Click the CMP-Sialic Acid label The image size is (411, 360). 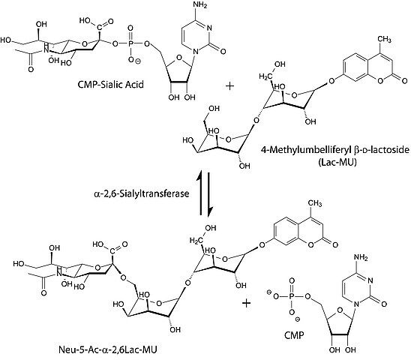[110, 85]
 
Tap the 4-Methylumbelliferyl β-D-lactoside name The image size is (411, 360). [334, 150]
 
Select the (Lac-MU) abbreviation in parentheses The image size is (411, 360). [337, 162]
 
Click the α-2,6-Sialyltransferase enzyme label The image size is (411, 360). [141, 193]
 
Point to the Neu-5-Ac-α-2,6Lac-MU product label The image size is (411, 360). [108, 349]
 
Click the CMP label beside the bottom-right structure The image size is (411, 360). [294, 334]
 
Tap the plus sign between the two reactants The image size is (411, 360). [229, 86]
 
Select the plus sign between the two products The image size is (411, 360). [246, 303]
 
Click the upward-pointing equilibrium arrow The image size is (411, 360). [200, 193]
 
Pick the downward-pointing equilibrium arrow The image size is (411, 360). [209, 194]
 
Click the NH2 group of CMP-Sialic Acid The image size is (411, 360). [199, 5]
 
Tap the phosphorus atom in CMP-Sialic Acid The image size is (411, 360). [130, 43]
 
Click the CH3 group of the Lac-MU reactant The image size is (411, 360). [384, 39]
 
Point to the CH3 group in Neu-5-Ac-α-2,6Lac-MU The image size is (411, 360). [315, 203]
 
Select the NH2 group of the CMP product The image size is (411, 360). [361, 257]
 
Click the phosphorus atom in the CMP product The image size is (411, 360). [291, 296]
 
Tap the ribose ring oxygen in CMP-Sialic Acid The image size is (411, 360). [179, 58]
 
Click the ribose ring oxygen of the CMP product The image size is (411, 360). [340, 310]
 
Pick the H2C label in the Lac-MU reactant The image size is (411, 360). [265, 76]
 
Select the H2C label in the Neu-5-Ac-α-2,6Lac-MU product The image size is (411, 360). [196, 241]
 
